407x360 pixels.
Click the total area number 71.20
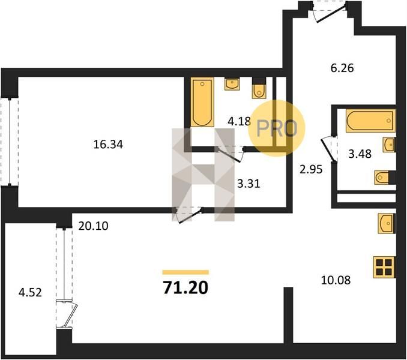tap(185, 287)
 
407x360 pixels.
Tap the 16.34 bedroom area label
tap(108, 145)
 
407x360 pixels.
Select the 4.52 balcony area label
tap(30, 293)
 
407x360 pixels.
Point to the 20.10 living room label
tap(93, 226)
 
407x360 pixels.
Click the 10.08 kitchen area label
tap(336, 280)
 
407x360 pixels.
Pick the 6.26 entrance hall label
tap(342, 68)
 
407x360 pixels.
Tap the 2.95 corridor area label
tap(311, 169)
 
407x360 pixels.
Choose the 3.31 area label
tap(249, 184)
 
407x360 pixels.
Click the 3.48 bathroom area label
tap(360, 154)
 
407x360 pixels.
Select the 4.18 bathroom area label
tap(239, 121)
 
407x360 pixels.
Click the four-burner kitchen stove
tap(384, 267)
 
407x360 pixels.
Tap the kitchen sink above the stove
tap(387, 223)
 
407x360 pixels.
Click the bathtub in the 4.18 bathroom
tap(202, 102)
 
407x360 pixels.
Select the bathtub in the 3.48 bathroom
tap(370, 121)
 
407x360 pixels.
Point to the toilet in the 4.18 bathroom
tap(259, 88)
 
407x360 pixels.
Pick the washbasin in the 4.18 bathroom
tap(232, 84)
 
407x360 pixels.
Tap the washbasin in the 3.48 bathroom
tap(389, 145)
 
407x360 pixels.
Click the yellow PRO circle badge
tap(277, 128)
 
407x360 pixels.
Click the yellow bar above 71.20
tap(185, 272)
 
